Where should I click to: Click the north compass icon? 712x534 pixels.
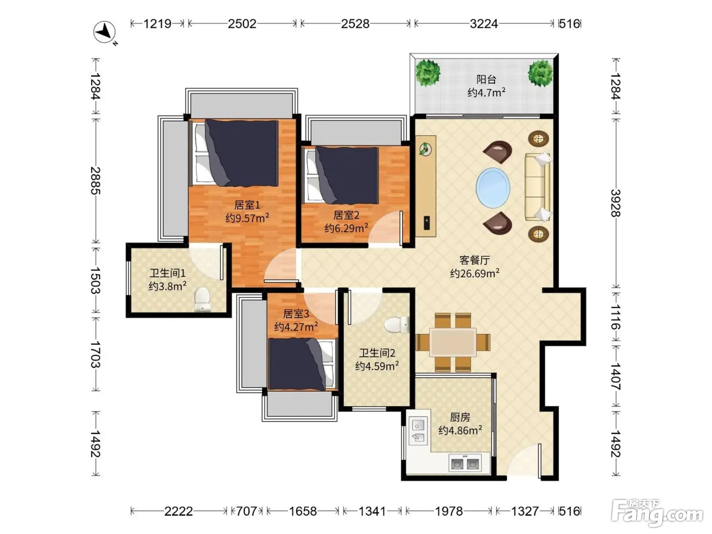(x=104, y=32)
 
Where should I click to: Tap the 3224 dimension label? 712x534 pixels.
(x=484, y=24)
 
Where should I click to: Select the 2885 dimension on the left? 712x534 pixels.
(x=96, y=181)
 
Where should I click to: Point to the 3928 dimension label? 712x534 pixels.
(x=616, y=203)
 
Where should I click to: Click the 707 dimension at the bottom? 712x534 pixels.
(x=247, y=511)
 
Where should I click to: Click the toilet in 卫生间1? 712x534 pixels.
(x=202, y=299)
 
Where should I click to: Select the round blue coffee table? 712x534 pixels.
(x=493, y=188)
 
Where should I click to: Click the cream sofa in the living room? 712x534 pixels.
(x=538, y=187)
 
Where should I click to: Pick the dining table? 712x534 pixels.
(x=453, y=342)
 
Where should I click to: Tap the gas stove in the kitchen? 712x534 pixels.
(x=465, y=462)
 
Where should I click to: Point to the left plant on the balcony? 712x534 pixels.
(x=428, y=73)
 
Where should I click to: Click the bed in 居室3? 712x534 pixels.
(x=302, y=364)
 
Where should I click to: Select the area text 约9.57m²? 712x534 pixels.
(x=247, y=218)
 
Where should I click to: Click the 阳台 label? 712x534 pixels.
(x=486, y=79)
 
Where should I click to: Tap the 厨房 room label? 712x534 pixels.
(x=460, y=417)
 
